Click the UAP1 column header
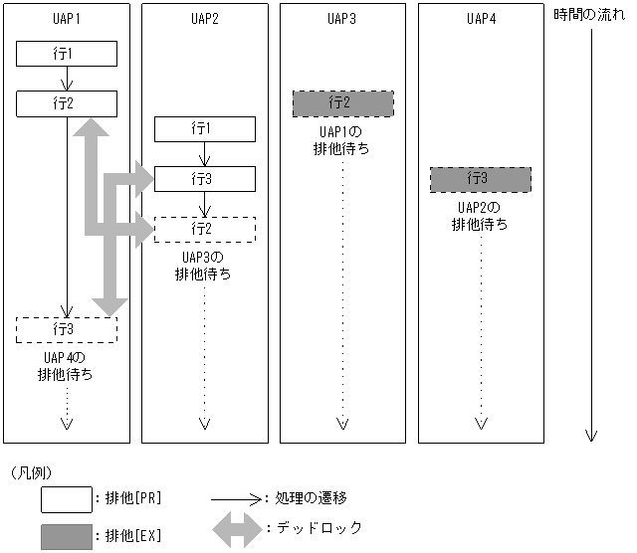click(67, 18)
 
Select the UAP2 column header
click(204, 18)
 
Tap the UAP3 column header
click(341, 18)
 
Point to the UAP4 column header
click(481, 18)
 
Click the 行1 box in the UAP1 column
click(67, 54)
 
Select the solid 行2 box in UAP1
click(67, 102)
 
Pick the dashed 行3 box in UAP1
click(67, 328)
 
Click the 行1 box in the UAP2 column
click(205, 129)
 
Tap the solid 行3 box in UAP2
click(205, 179)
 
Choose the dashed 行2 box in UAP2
click(205, 230)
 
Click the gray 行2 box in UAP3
click(342, 103)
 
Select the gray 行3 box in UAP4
click(481, 179)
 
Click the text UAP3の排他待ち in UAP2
click(204, 266)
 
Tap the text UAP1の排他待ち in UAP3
click(342, 140)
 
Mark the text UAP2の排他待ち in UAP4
click(480, 216)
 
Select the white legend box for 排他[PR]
click(66, 497)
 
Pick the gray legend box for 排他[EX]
click(66, 536)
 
